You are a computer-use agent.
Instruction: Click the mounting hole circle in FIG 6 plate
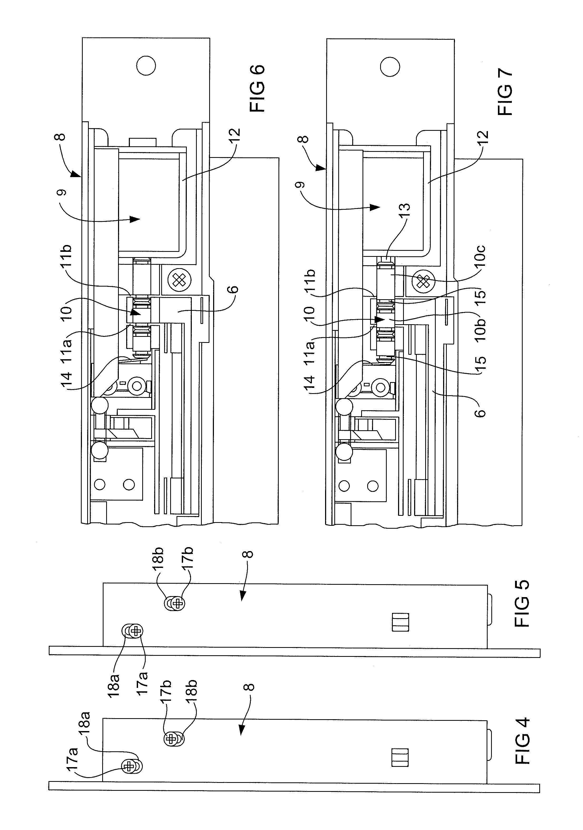pos(146,66)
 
